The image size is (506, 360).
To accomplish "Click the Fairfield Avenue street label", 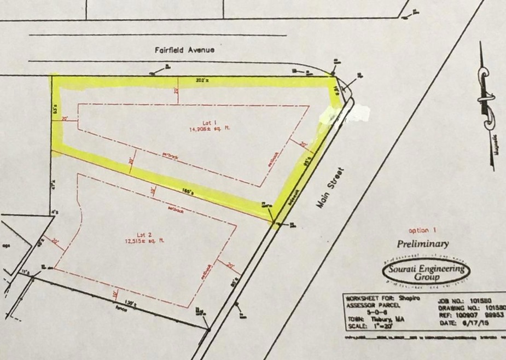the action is pyautogui.click(x=184, y=50).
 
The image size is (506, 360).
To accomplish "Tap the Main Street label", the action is pyautogui.click(x=328, y=187).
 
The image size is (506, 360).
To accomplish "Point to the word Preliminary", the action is pyautogui.click(x=423, y=244).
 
